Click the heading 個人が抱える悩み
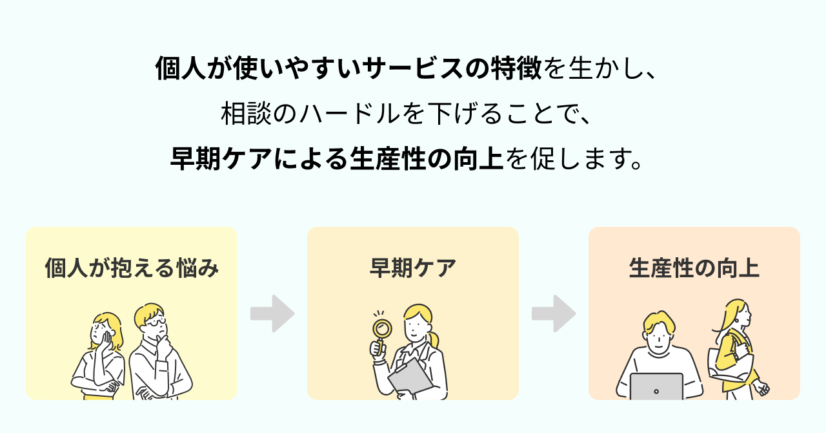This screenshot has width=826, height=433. tap(132, 268)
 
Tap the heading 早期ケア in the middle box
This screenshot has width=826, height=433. tap(413, 268)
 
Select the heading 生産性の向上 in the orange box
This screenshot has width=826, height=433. tap(694, 268)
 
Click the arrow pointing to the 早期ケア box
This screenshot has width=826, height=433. tap(272, 313)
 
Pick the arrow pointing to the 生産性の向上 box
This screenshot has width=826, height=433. tap(554, 313)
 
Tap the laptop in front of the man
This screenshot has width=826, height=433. tap(656, 386)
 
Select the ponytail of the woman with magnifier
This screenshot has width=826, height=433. tap(436, 339)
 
